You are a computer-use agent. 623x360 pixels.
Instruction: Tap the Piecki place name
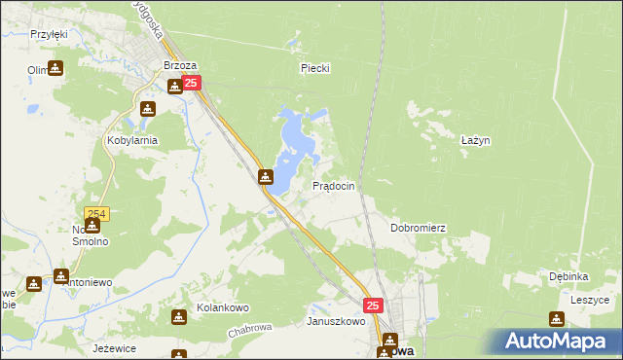pos(315,68)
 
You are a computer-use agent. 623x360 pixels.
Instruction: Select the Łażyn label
pos(474,140)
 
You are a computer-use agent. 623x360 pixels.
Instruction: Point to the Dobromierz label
pos(418,228)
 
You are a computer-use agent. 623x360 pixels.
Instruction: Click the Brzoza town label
pos(180,66)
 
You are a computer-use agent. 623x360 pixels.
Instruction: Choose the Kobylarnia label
pos(131,140)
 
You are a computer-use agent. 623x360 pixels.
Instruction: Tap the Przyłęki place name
pos(48,33)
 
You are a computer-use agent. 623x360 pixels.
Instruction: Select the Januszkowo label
pos(335,321)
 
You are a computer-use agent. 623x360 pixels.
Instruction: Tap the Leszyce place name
pos(589,301)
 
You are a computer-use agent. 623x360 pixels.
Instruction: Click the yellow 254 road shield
pos(96,214)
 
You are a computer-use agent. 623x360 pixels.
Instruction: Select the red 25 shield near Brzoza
pos(191,85)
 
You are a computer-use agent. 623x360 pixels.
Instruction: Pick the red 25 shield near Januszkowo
pos(375,306)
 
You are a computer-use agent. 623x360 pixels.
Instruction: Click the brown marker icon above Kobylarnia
pos(148,109)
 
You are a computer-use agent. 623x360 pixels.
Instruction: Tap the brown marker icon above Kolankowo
pos(179,317)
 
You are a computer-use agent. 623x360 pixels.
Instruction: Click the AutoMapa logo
pos(559,341)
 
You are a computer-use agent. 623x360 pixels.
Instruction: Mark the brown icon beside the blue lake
pos(266,177)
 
